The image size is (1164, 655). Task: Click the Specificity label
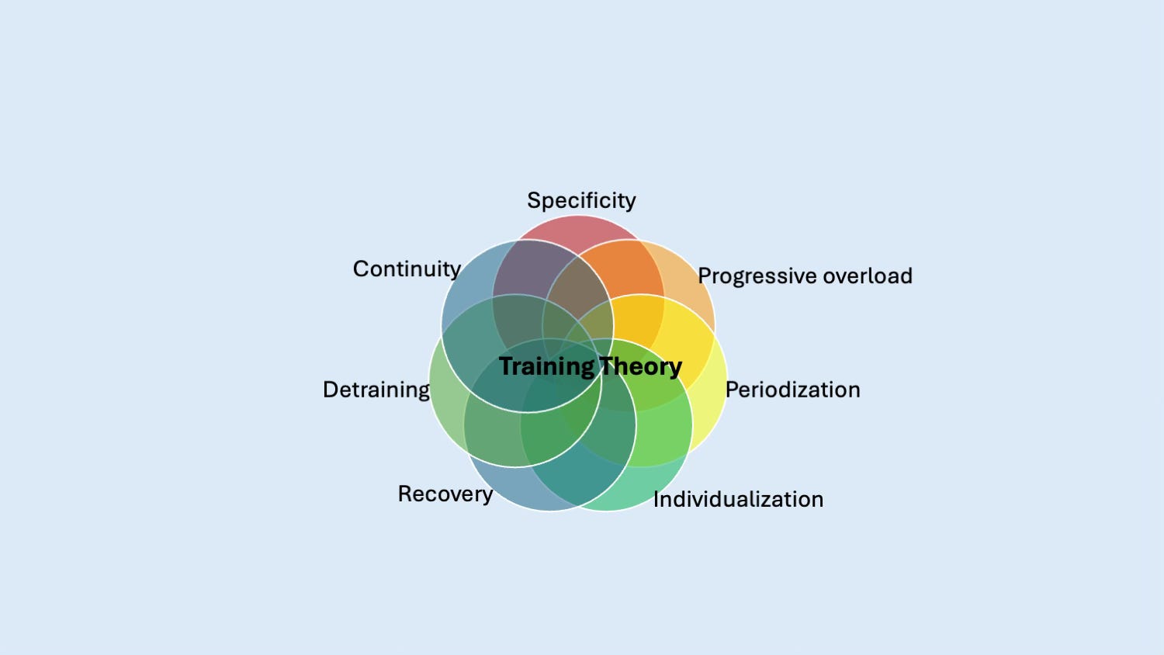[x=581, y=201]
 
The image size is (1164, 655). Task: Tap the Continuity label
[x=407, y=269]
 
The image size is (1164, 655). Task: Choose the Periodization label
[x=793, y=390]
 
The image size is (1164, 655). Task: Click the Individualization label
[x=739, y=500]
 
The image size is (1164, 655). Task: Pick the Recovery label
[x=445, y=494]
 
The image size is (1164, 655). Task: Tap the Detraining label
[x=376, y=390]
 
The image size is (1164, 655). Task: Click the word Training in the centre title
[x=546, y=367]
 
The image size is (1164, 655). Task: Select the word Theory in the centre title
[x=640, y=367]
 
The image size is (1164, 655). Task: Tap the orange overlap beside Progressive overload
[x=632, y=270]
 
